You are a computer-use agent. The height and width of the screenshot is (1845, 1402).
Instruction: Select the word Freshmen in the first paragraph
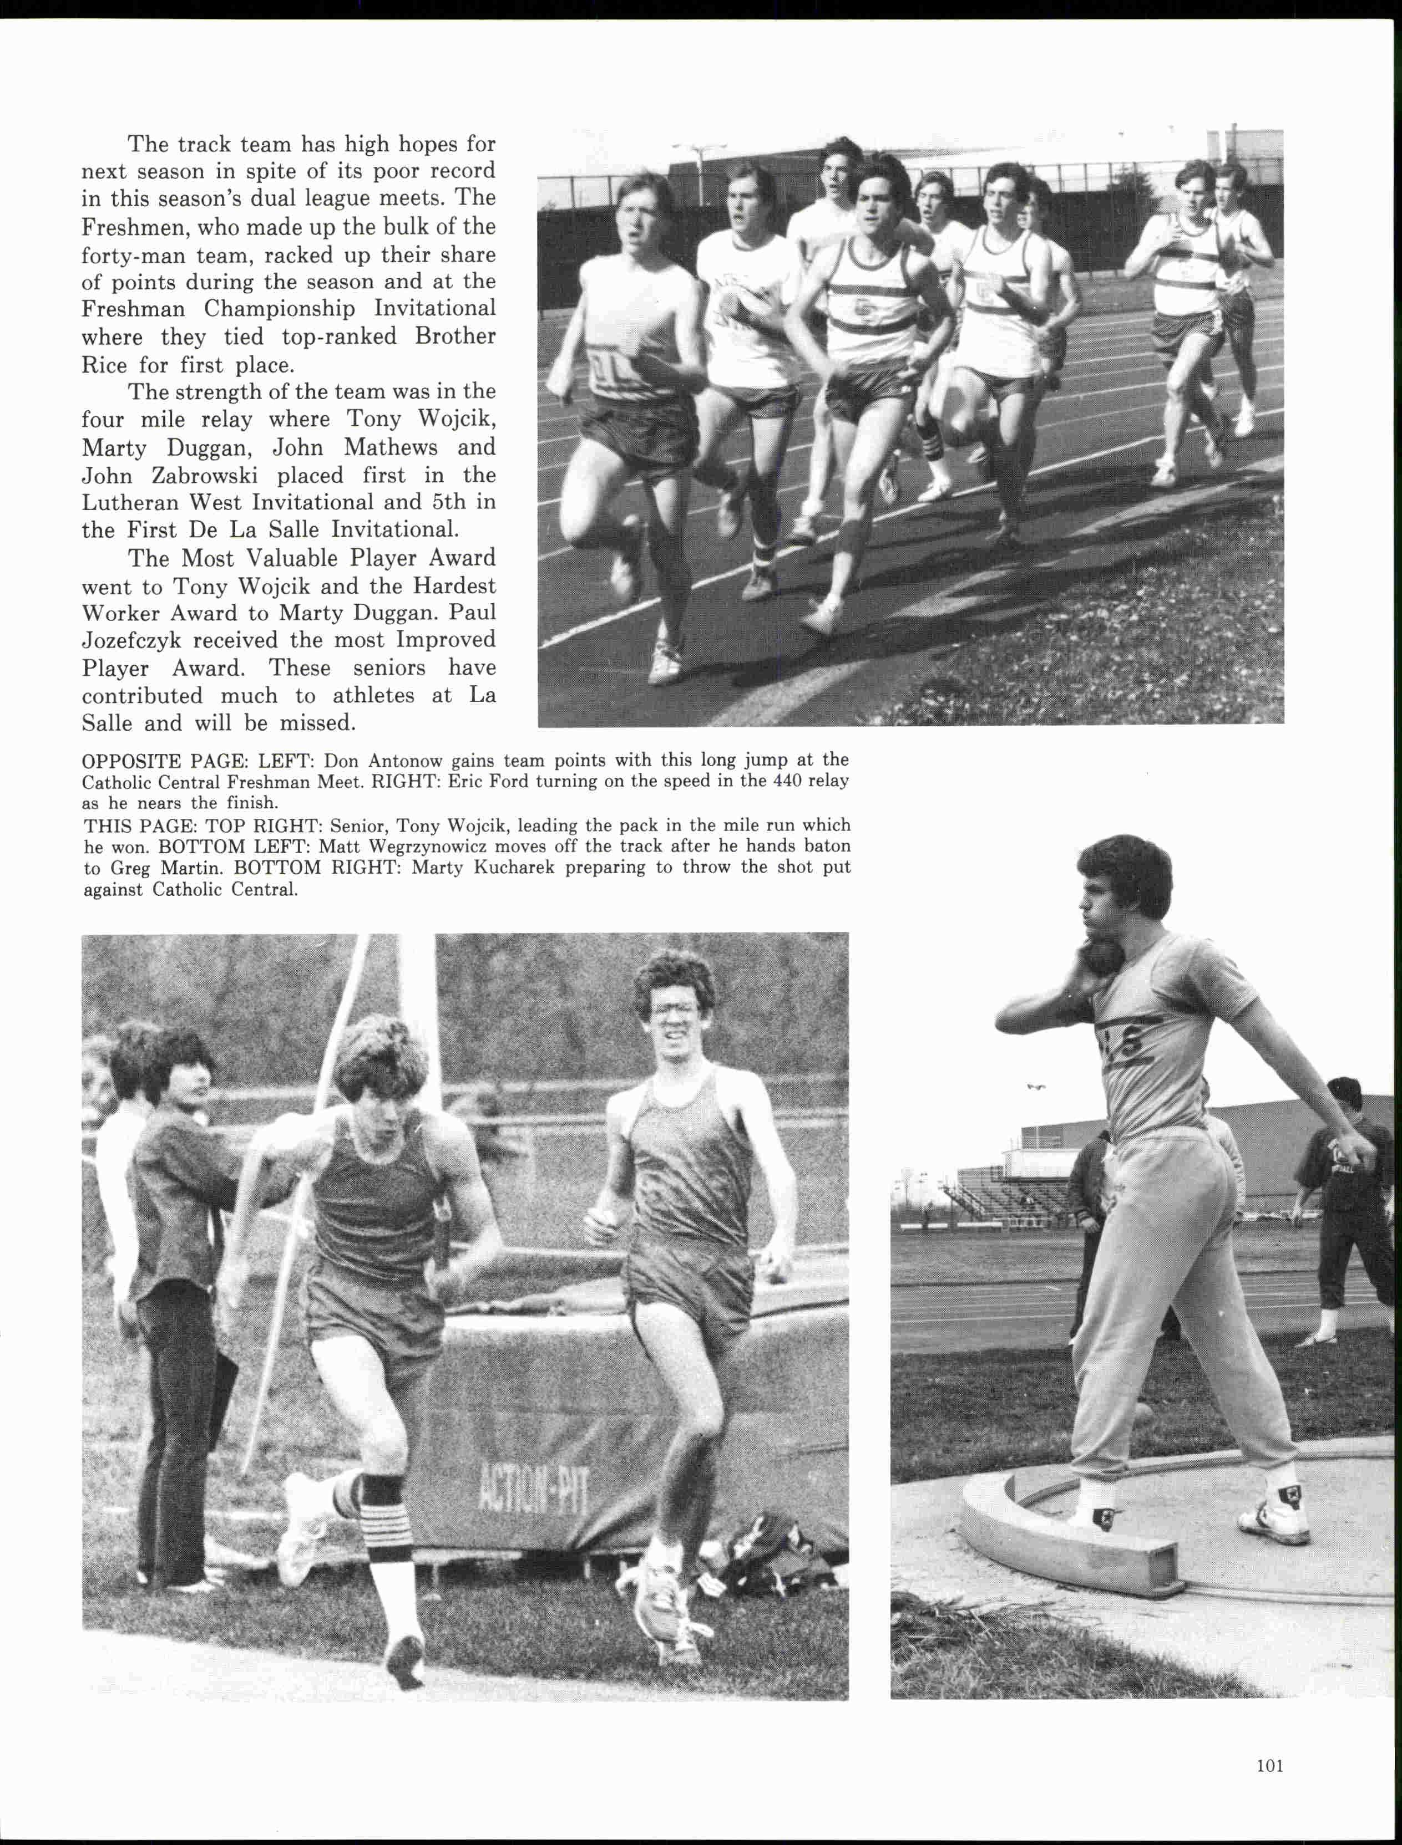[124, 226]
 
